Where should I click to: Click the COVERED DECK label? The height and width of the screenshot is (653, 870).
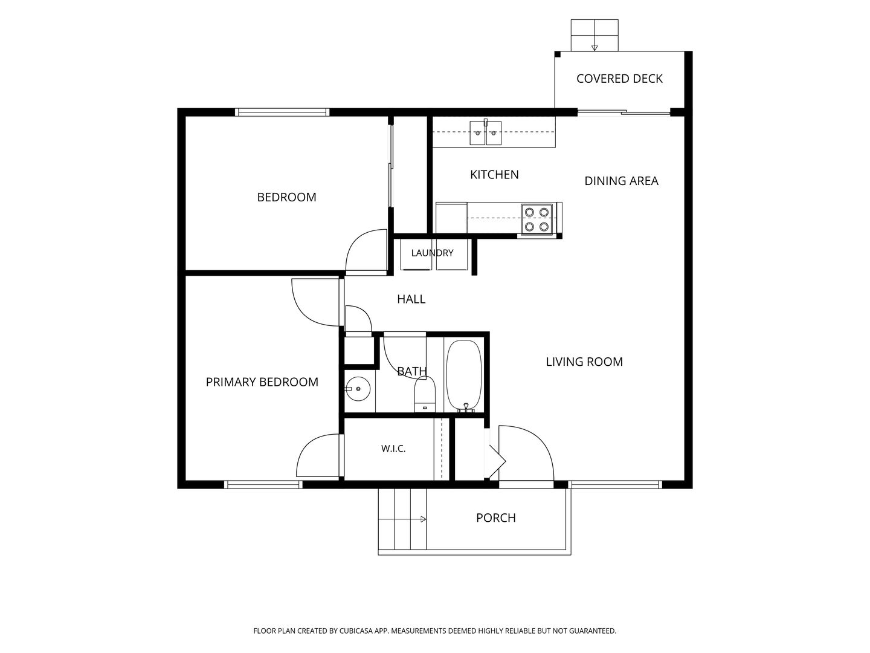tap(619, 79)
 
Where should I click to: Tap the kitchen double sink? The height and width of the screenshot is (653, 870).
tap(486, 133)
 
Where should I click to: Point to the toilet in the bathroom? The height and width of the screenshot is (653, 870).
tap(425, 394)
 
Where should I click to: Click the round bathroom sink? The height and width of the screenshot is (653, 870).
tap(358, 389)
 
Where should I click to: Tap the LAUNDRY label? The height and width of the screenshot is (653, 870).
tap(432, 253)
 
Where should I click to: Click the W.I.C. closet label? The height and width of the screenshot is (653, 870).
tap(393, 449)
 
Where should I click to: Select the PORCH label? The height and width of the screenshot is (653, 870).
tap(496, 518)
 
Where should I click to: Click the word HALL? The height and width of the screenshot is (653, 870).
tap(411, 299)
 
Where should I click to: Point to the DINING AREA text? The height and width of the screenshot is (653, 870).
tap(621, 181)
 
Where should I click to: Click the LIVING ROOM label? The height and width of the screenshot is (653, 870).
tap(584, 362)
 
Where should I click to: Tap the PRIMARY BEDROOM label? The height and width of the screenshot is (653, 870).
tap(262, 382)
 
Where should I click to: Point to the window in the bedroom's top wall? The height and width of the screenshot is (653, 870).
tap(282, 112)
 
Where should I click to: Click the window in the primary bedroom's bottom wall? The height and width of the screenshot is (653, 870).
tap(263, 484)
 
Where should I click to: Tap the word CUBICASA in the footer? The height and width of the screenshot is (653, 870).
tap(356, 631)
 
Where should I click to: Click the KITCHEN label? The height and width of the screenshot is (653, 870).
tap(494, 175)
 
